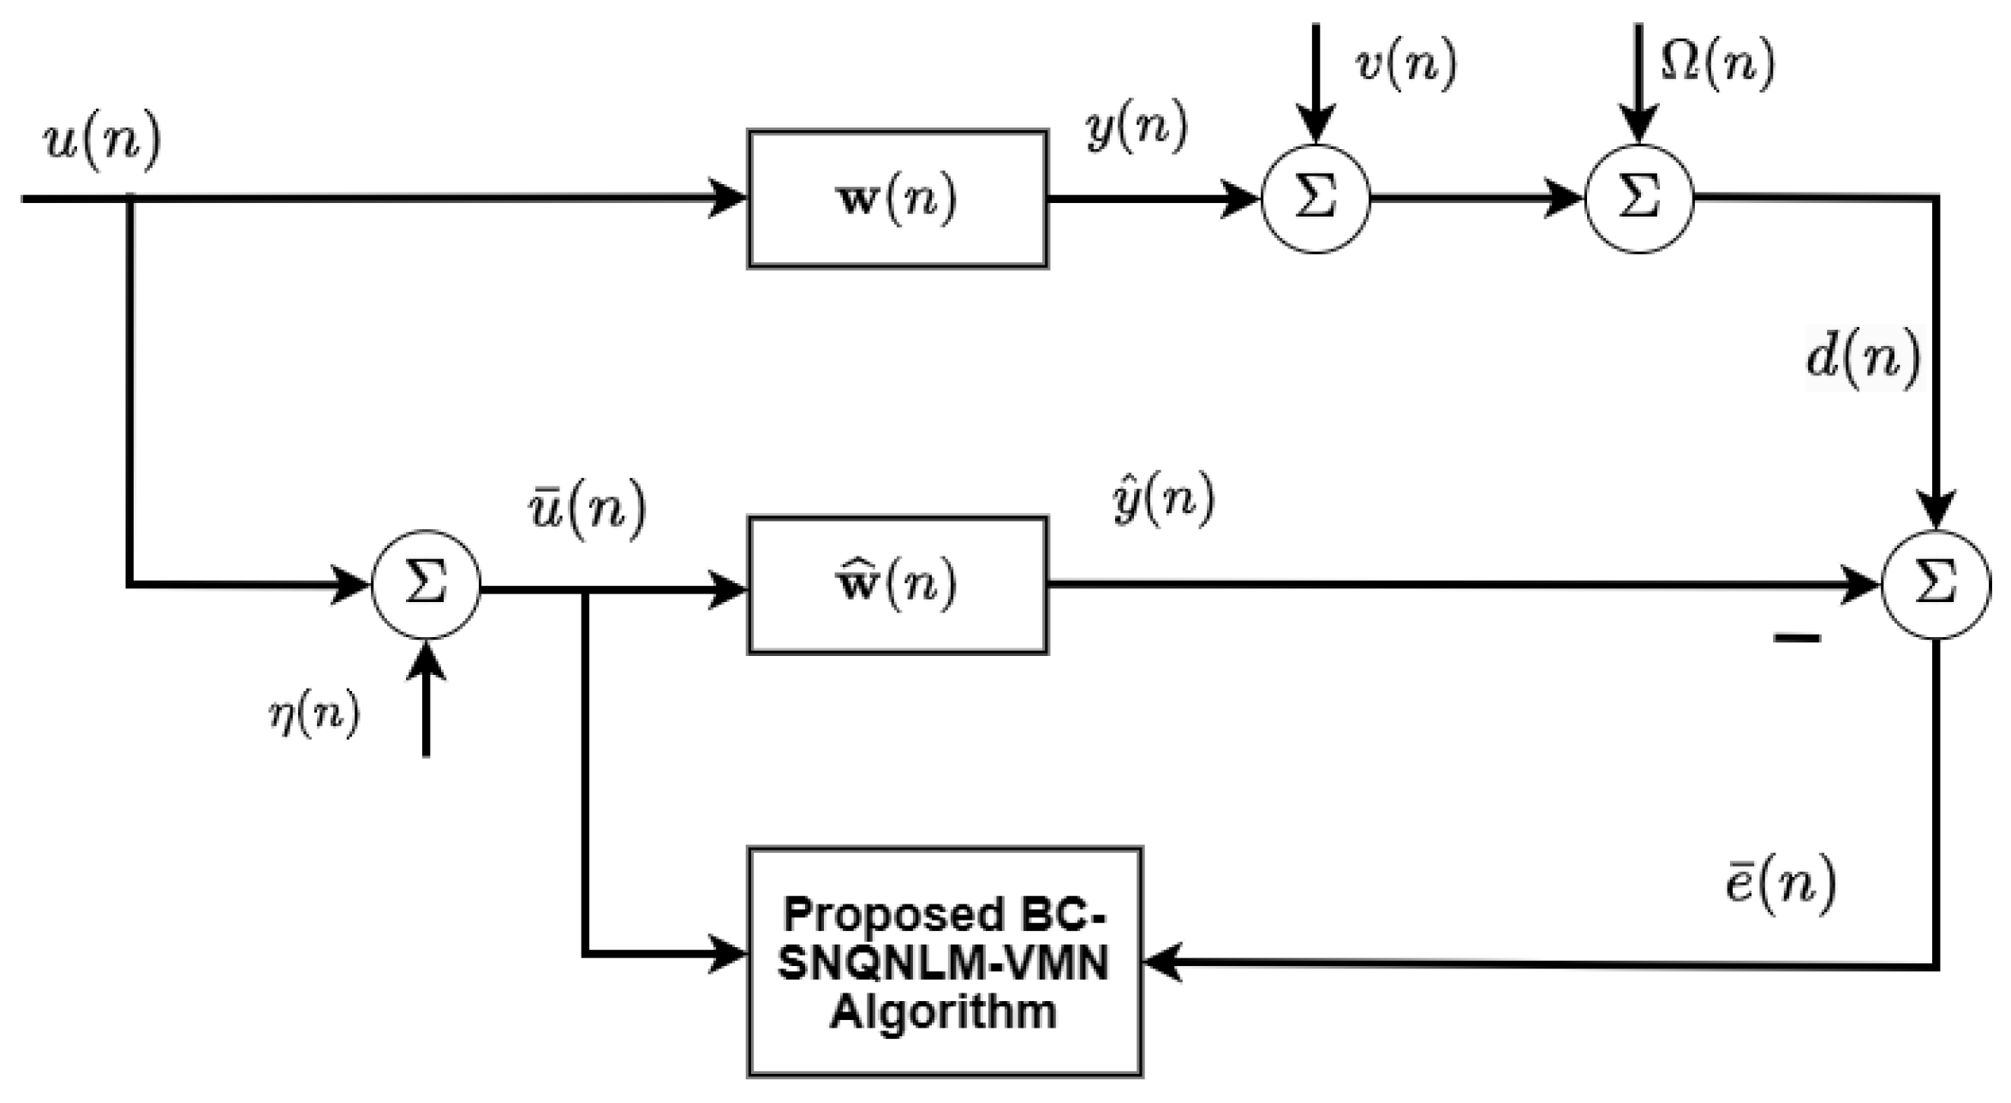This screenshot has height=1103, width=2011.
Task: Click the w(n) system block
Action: tap(897, 199)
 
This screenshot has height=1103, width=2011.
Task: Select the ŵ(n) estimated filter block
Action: tap(897, 585)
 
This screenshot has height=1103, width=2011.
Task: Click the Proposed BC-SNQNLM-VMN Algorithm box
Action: tap(944, 961)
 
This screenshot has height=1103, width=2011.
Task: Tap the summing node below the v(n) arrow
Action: tap(1316, 199)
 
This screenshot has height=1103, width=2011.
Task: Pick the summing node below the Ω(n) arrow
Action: tap(1638, 199)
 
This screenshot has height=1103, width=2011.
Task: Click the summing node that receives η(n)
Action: tap(426, 585)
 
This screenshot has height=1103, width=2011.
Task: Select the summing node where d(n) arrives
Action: tap(1935, 585)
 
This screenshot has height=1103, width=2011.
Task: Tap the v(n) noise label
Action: tap(1405, 64)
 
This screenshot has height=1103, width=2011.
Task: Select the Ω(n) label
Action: tap(1717, 64)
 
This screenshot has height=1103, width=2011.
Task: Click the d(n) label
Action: tap(1864, 358)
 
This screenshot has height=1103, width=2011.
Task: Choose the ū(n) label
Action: tap(587, 511)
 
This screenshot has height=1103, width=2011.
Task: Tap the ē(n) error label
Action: tap(1780, 885)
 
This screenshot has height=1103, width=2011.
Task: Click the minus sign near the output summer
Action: tap(1797, 637)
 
